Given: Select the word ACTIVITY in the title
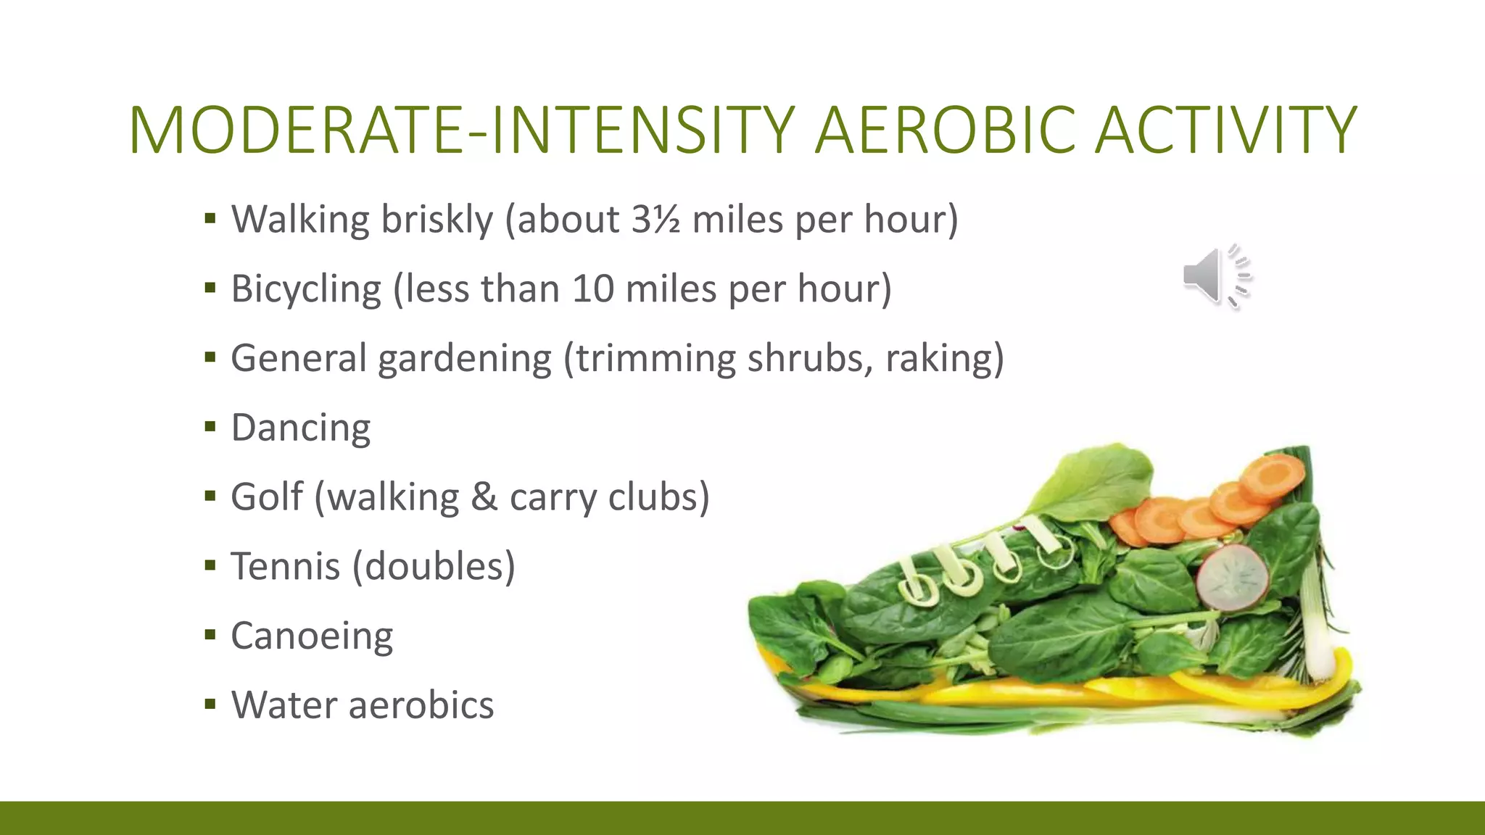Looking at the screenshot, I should pyautogui.click(x=1225, y=130).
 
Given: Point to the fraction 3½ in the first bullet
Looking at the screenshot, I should pyautogui.click(x=655, y=219).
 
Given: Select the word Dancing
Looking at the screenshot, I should pyautogui.click(x=300, y=428).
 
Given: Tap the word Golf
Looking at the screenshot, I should pyautogui.click(x=266, y=497).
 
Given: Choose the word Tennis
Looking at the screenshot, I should pyautogui.click(x=285, y=566).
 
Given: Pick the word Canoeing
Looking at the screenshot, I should pyautogui.click(x=312, y=636).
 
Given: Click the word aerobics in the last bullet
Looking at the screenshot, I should pyautogui.click(x=421, y=705).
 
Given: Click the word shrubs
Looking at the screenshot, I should pyautogui.click(x=810, y=358).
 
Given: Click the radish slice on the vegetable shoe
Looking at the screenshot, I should pyautogui.click(x=1232, y=577).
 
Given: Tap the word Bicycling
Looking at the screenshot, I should pyautogui.click(x=305, y=288).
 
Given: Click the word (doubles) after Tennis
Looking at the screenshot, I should pyautogui.click(x=434, y=566).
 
